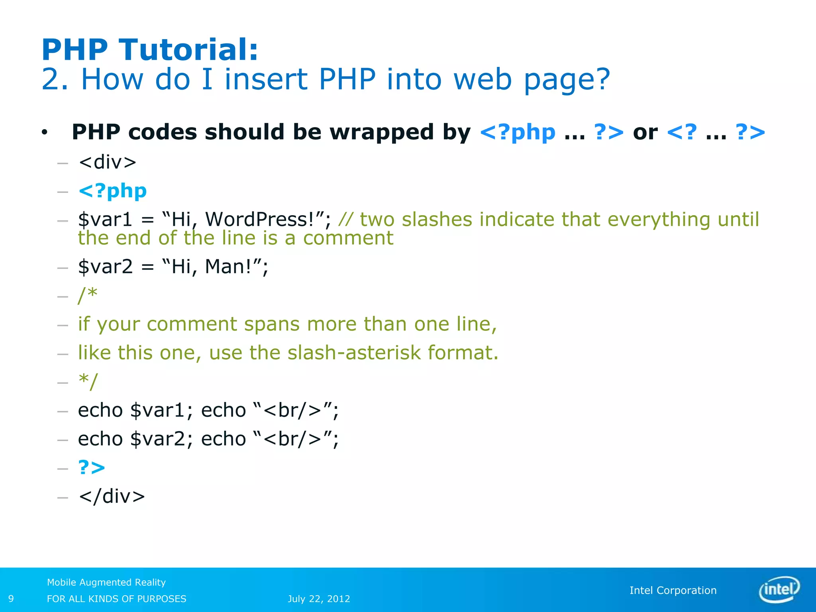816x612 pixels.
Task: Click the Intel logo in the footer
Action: pyautogui.click(x=779, y=589)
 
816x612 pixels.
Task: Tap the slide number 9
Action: pyautogui.click(x=11, y=598)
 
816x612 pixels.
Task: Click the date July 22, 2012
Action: pyautogui.click(x=319, y=599)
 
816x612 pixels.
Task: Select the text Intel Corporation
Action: pyautogui.click(x=673, y=590)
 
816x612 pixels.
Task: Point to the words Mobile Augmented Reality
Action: pyautogui.click(x=106, y=582)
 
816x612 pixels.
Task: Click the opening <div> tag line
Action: pyautogui.click(x=108, y=162)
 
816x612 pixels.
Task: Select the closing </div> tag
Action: pyautogui.click(x=112, y=496)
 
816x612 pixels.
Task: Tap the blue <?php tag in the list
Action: pyautogui.click(x=113, y=191)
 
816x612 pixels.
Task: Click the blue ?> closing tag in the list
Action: pyautogui.click(x=92, y=467)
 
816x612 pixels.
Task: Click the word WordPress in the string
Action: pyautogui.click(x=259, y=219)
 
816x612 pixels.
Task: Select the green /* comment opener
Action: pyautogui.click(x=88, y=295)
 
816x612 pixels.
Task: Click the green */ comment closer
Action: pyautogui.click(x=88, y=381)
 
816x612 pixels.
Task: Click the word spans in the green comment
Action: pyautogui.click(x=272, y=324)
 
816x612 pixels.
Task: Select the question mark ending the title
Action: pyautogui.click(x=601, y=79)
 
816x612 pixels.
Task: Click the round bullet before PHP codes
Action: pyautogui.click(x=44, y=132)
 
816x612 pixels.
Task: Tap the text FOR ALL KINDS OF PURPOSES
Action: pyautogui.click(x=116, y=599)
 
